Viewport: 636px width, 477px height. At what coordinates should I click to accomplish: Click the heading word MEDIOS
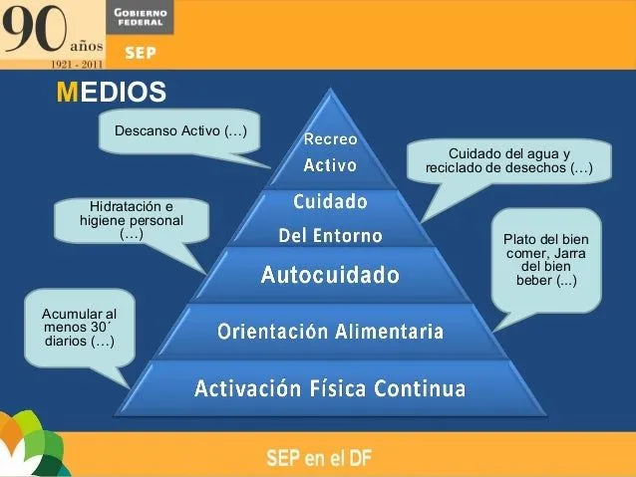pos(111,93)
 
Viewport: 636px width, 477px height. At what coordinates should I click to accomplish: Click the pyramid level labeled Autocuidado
pos(330,273)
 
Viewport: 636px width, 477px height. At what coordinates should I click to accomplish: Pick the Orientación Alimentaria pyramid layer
pos(330,331)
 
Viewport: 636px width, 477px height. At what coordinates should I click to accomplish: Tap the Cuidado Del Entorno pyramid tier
pos(330,218)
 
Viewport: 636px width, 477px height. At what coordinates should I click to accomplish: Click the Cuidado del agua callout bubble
pos(508,161)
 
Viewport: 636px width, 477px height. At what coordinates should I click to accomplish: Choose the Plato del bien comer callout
pos(545,259)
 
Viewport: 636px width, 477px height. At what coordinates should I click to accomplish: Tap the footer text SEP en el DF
pos(319,458)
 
